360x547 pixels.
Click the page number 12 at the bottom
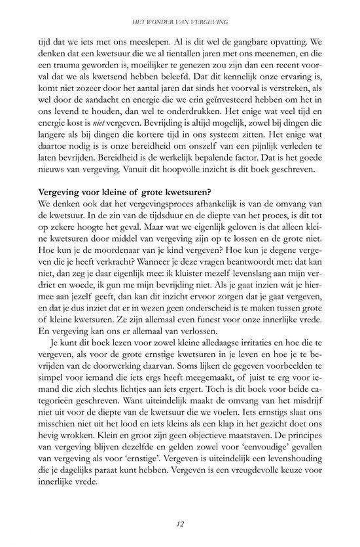click(x=179, y=525)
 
